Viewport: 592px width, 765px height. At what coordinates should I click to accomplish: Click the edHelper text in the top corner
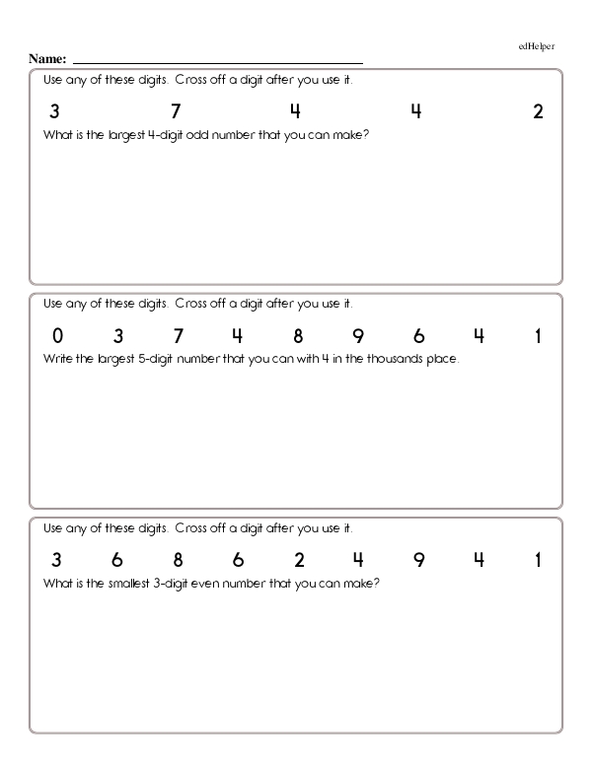[x=537, y=46]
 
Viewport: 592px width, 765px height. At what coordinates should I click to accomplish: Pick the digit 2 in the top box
[x=538, y=112]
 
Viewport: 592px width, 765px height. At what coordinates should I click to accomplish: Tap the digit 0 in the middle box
[x=57, y=336]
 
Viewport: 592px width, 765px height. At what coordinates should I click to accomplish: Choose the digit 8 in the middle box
[x=298, y=336]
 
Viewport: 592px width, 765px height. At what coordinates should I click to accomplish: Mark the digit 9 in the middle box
[x=358, y=336]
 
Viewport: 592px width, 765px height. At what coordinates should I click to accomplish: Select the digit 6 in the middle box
[x=418, y=336]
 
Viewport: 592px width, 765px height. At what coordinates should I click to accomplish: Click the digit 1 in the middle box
[x=539, y=336]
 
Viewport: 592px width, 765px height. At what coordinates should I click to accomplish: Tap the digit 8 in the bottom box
[x=178, y=561]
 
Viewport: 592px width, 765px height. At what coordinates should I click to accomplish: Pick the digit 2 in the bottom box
[x=298, y=561]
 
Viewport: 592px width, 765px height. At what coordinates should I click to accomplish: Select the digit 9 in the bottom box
[x=418, y=561]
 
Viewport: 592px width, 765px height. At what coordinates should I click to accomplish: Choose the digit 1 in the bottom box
[x=539, y=561]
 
